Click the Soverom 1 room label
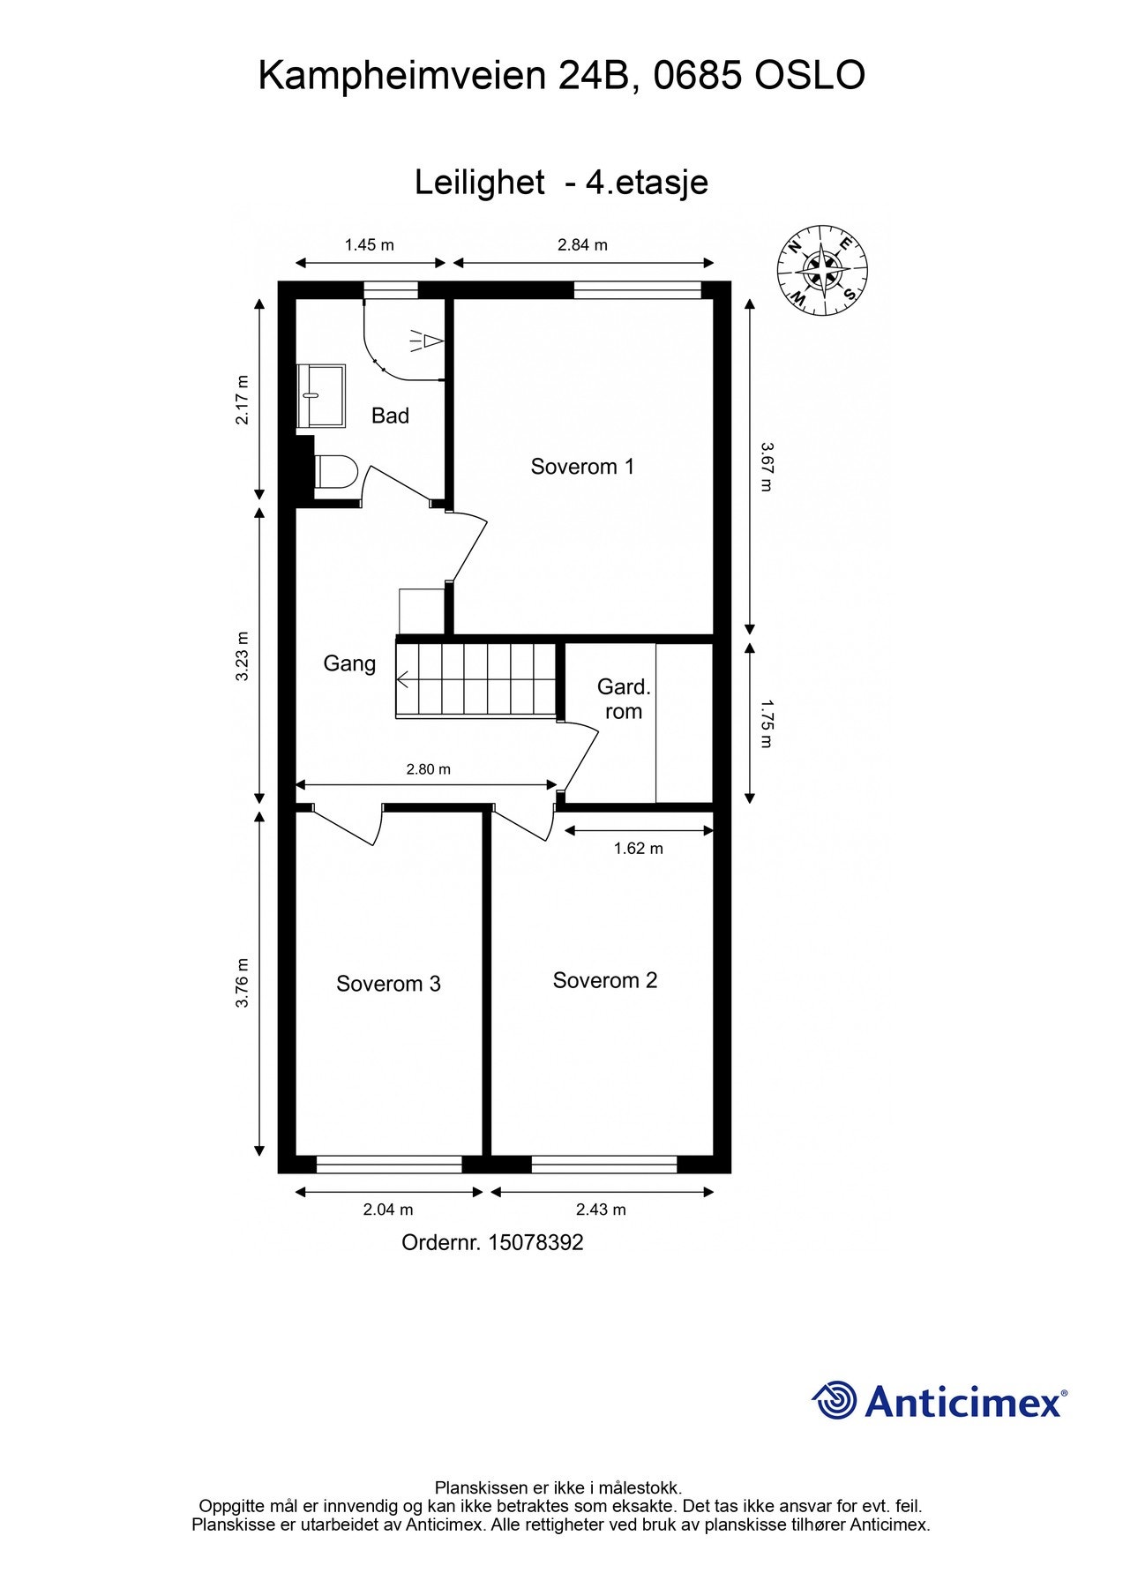582,467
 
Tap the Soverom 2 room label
604,980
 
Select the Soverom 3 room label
388,984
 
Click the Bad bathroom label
390,416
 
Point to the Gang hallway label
349,663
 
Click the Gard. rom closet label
623,699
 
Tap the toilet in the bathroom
334,472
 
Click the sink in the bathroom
321,396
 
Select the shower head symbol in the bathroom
427,341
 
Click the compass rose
822,270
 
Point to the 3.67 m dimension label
765,467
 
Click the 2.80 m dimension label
428,769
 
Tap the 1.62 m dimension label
638,849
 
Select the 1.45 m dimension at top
369,245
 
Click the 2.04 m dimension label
388,1210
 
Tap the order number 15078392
535,1242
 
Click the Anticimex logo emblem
834,1400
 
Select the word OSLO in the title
809,77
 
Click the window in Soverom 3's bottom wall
389,1165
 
